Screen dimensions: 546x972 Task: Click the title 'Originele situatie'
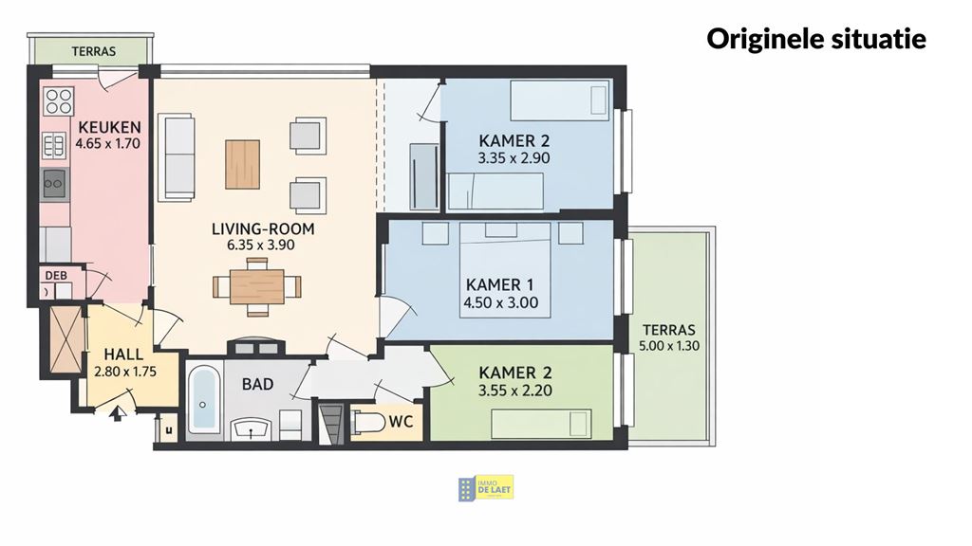pyautogui.click(x=815, y=39)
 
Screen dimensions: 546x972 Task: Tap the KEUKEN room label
pyautogui.click(x=109, y=128)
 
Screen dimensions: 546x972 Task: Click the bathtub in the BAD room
pyautogui.click(x=203, y=400)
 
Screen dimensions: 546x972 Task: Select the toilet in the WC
pyautogui.click(x=367, y=422)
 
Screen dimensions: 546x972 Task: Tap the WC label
pyautogui.click(x=402, y=422)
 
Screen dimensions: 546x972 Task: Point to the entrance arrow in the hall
pyautogui.click(x=117, y=412)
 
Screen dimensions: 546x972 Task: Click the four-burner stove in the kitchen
pyautogui.click(x=58, y=100)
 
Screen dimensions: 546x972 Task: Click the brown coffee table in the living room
pyautogui.click(x=242, y=164)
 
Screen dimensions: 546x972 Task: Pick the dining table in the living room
pyautogui.click(x=256, y=285)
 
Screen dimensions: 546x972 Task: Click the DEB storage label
pyautogui.click(x=51, y=276)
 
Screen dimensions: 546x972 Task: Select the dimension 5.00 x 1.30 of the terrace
pyautogui.click(x=670, y=346)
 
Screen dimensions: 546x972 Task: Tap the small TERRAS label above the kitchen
pyautogui.click(x=94, y=51)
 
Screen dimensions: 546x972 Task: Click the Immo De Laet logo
pyautogui.click(x=486, y=488)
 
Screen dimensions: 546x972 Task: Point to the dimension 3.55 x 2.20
pyautogui.click(x=515, y=390)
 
